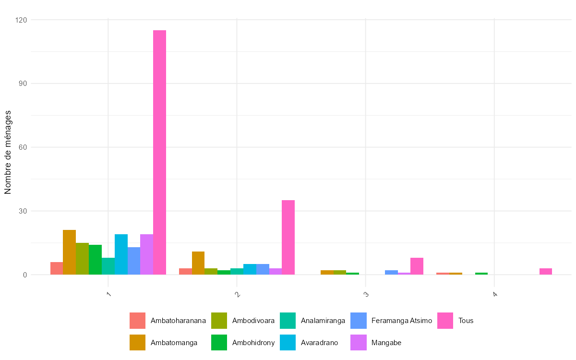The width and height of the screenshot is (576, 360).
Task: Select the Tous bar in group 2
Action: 288,238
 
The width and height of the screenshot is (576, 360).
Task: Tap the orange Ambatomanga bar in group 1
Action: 69,252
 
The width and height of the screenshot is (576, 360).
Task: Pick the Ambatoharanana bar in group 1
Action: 57,269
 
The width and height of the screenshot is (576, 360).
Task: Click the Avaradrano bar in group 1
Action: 121,254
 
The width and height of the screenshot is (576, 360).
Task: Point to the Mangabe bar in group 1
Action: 146,254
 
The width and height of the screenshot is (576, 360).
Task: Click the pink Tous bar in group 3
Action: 417,266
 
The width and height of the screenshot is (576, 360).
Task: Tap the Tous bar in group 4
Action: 545,272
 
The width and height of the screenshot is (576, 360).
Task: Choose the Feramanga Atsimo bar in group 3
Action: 391,273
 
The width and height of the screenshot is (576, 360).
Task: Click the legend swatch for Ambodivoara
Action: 219,321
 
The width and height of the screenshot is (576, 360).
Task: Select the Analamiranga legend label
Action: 323,321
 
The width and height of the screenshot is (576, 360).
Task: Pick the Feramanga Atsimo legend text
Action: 402,321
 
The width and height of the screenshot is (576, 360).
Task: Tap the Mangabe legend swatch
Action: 359,343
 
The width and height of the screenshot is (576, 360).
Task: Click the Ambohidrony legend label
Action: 253,343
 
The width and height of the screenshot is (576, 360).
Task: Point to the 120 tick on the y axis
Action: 22,20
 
